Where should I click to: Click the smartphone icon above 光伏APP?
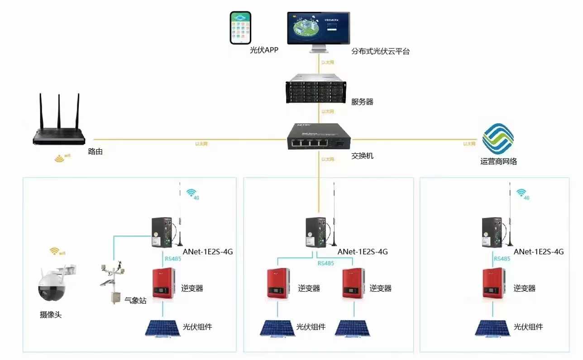pyautogui.click(x=240, y=28)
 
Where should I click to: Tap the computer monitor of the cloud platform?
pyautogui.click(x=318, y=28)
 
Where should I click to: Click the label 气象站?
pyautogui.click(x=135, y=300)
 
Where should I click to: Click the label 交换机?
pyautogui.click(x=363, y=156)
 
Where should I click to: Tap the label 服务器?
pyautogui.click(x=363, y=102)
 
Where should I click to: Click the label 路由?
pyautogui.click(x=96, y=152)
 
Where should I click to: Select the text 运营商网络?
pyautogui.click(x=498, y=161)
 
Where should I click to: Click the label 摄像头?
pyautogui.click(x=51, y=315)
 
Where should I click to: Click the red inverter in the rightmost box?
pyautogui.click(x=493, y=283)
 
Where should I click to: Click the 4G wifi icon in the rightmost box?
pyautogui.click(x=523, y=194)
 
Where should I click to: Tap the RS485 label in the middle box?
pyautogui.click(x=325, y=263)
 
